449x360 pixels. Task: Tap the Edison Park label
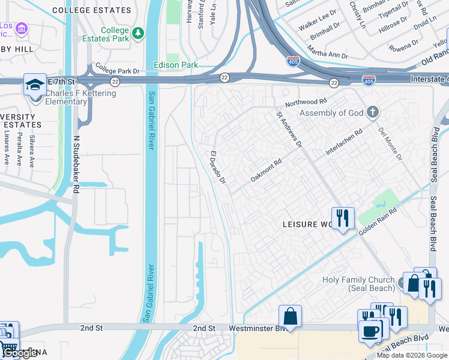tap(175, 64)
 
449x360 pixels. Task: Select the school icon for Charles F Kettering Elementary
tap(35, 85)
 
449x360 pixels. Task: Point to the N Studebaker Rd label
tap(76, 163)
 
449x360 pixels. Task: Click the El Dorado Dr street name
tap(217, 167)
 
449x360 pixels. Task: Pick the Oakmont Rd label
tap(266, 170)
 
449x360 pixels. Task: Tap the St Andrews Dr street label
tap(289, 128)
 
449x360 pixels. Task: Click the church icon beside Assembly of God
tap(373, 112)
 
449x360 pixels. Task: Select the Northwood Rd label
tap(306, 103)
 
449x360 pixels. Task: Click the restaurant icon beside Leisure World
tap(343, 218)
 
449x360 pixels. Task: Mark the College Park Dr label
tap(117, 70)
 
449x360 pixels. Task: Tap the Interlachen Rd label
tap(344, 142)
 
